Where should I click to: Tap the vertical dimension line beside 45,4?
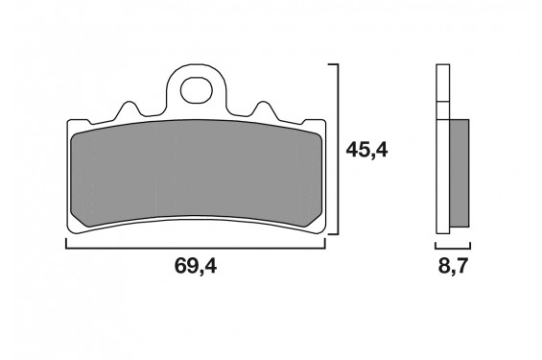(x=338, y=149)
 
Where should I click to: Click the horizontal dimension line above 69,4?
(x=196, y=248)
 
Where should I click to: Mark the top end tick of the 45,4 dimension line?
(x=333, y=64)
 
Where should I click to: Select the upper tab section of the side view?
(x=442, y=82)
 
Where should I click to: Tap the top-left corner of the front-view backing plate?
(x=68, y=122)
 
